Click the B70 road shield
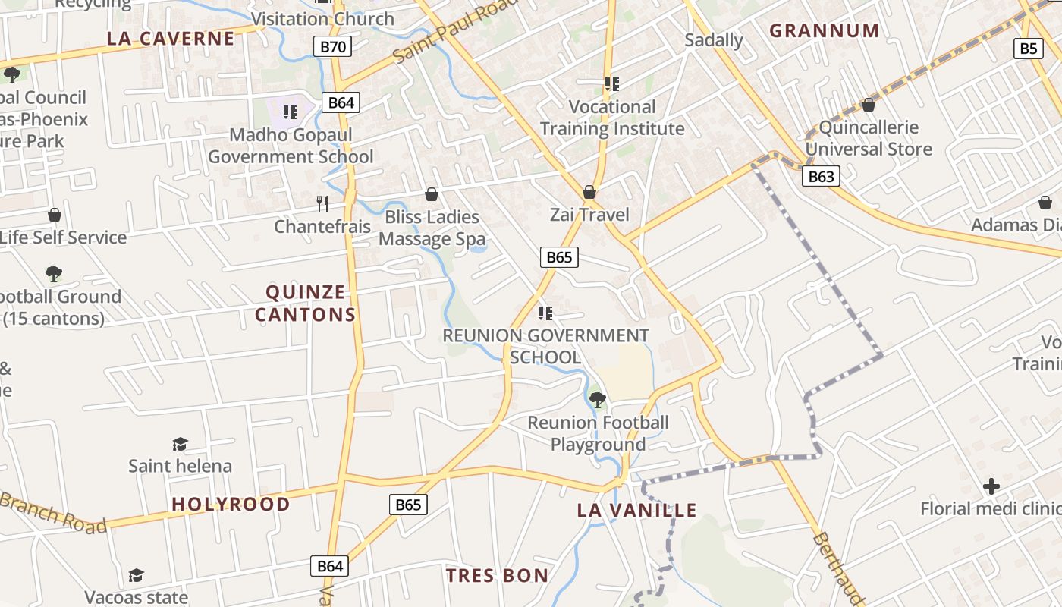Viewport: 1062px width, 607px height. coord(332,47)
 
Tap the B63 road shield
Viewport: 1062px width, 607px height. coord(821,177)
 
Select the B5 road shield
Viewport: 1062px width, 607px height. coord(1027,49)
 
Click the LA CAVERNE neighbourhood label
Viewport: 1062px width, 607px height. coord(171,39)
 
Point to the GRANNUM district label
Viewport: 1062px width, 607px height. coord(825,30)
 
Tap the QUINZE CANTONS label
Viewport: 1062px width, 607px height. coord(305,303)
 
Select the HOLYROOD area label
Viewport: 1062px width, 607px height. coord(231,504)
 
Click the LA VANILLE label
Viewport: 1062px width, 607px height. coord(636,510)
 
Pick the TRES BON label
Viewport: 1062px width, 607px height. coord(497,575)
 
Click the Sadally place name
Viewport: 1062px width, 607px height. coord(713,39)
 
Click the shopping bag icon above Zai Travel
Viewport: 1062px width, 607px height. coord(589,192)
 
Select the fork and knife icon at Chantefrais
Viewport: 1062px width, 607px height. coord(322,203)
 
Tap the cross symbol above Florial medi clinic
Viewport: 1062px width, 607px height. coord(991,486)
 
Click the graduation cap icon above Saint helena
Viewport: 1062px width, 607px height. coord(180,444)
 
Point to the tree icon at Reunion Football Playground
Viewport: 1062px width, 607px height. coord(598,399)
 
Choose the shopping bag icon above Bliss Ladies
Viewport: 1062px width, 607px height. coord(432,194)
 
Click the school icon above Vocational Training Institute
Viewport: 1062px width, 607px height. coord(611,83)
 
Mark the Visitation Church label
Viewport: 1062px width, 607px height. coord(322,19)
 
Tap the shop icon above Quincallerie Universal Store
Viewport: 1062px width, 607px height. coord(869,105)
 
